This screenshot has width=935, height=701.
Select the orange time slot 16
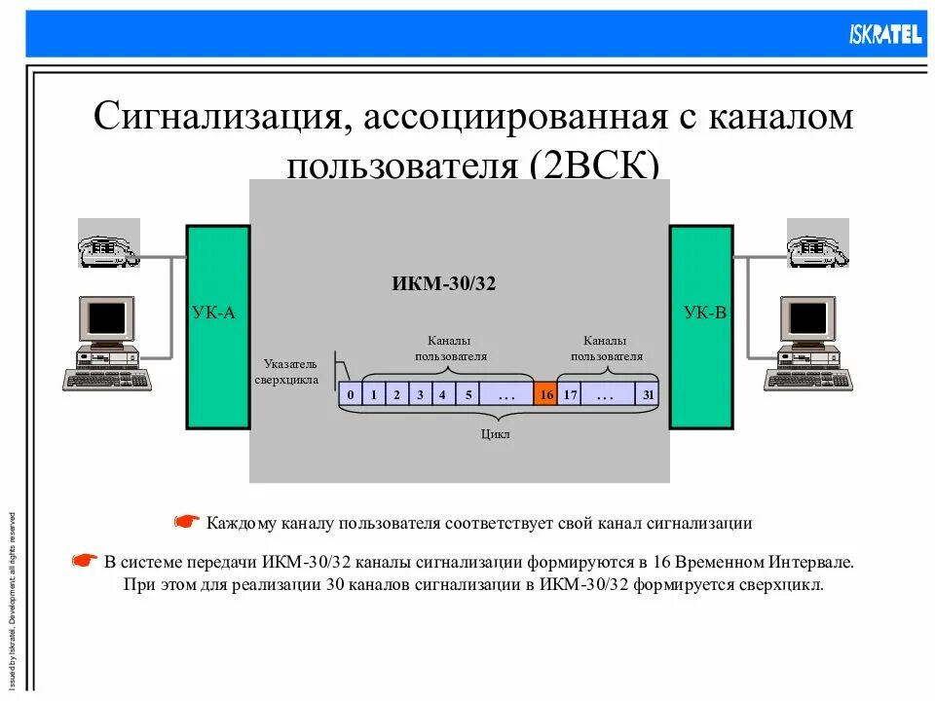tap(545, 394)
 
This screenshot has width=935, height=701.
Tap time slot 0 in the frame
tap(349, 394)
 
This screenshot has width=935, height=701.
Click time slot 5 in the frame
tap(467, 394)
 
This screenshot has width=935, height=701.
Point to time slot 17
tap(570, 394)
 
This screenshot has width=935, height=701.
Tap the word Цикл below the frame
tap(496, 434)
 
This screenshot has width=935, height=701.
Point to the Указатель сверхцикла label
tap(286, 371)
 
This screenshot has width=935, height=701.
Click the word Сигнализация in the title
tap(214, 119)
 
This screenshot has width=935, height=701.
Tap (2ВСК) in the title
tap(594, 166)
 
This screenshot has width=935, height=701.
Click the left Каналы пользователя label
tap(450, 349)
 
